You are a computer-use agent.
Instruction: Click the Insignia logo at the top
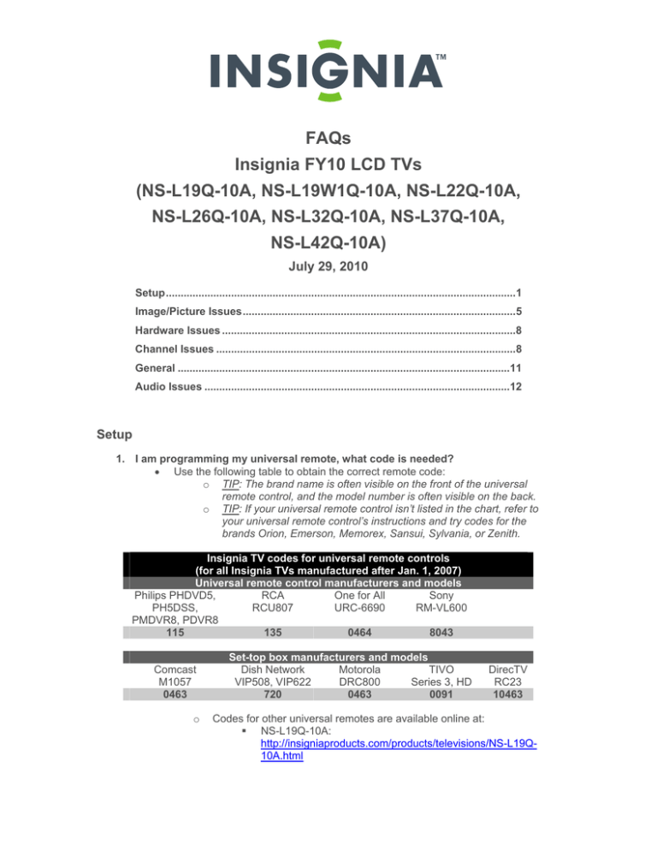328,68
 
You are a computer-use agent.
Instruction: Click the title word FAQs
328,139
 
